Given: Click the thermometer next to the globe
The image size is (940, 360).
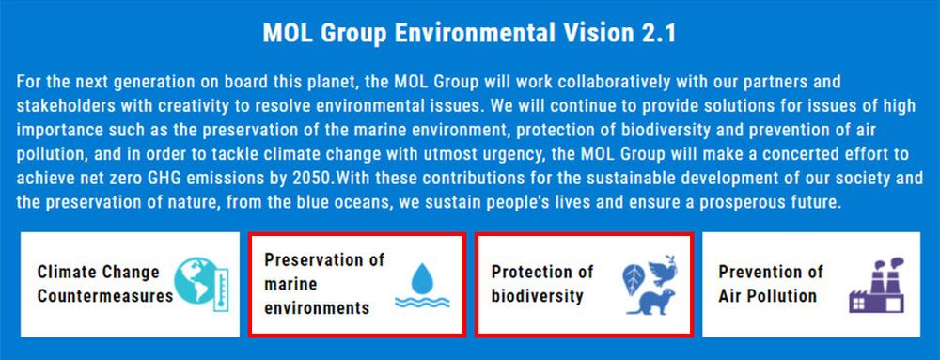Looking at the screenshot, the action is [221, 290].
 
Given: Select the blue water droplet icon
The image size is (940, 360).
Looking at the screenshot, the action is [422, 278].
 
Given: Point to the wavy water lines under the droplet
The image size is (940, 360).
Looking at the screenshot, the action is [422, 302].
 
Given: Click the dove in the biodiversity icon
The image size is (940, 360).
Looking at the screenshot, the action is [662, 271].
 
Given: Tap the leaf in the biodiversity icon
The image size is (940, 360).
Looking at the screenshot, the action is [633, 280].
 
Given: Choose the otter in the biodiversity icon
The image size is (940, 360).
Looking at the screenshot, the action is [651, 302].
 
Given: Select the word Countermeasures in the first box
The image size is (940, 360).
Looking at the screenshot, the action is [105, 296].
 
